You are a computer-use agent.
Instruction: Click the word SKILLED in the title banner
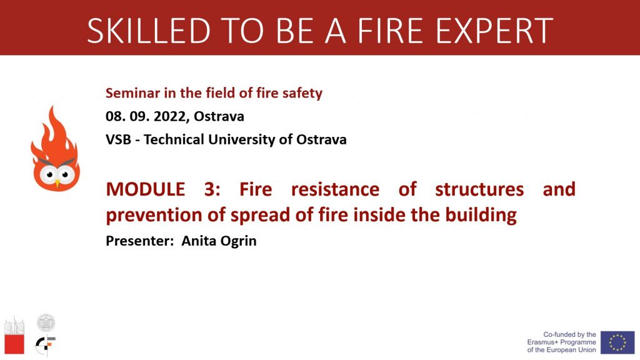coord(149,31)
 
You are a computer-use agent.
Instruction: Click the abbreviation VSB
coord(118,139)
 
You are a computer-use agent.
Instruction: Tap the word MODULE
coord(145,189)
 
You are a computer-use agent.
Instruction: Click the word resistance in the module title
coord(335,189)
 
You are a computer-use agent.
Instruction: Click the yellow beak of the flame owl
coord(57,184)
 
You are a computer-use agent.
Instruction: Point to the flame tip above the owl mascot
coord(52,107)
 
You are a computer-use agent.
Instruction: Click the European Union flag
coord(617,342)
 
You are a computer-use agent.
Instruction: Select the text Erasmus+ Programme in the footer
coord(561,342)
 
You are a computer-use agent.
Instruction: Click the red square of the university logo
coord(14,344)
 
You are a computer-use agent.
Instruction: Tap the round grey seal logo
coord(46,322)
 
